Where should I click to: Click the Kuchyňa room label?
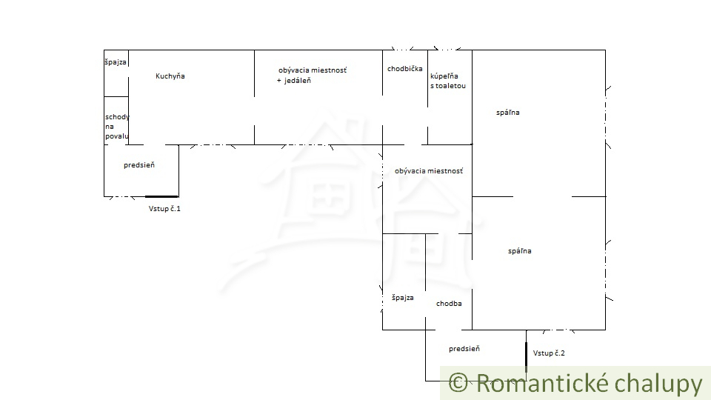[x=170, y=76]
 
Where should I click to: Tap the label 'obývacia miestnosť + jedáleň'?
[x=312, y=75]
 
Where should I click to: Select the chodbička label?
[x=404, y=69]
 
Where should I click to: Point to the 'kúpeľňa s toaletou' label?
[x=448, y=81]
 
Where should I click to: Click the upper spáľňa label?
[x=508, y=113]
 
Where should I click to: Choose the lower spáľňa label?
[x=519, y=251]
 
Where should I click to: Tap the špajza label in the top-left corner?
[x=116, y=62]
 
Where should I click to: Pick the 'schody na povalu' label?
[x=117, y=127]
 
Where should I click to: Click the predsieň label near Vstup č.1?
[x=139, y=166]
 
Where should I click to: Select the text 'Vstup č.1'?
[x=164, y=209]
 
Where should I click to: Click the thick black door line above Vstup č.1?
[x=161, y=196]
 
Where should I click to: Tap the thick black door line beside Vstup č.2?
[x=526, y=356]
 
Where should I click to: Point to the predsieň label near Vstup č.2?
[x=464, y=349]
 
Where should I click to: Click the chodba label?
[x=449, y=304]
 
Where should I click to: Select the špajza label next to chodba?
[x=402, y=298]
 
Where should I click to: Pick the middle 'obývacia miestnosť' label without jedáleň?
[x=429, y=171]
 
